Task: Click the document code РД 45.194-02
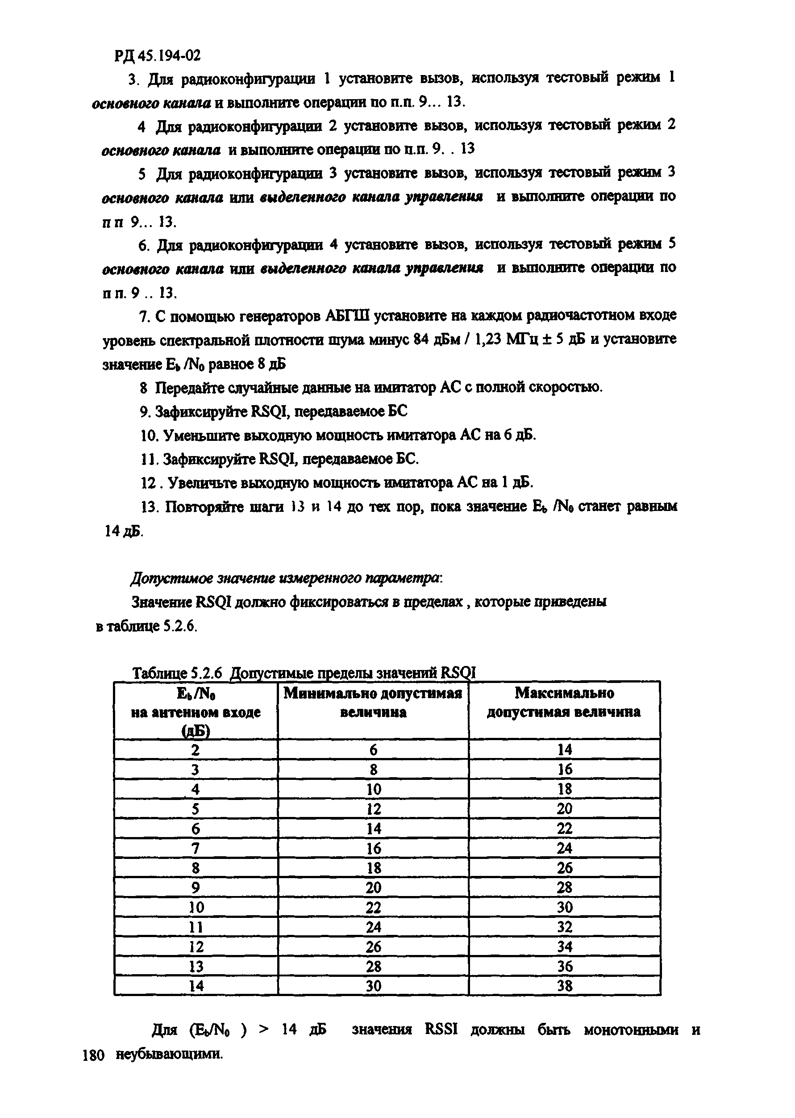[x=158, y=56]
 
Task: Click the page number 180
[x=93, y=1055]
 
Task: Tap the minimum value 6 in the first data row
[x=374, y=750]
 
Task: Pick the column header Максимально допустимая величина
[x=564, y=702]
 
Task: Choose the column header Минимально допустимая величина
[x=373, y=702]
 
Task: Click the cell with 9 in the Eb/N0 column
[x=196, y=888]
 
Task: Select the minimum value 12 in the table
[x=374, y=808]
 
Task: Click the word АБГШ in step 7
[x=347, y=316]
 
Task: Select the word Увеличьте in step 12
[x=204, y=483]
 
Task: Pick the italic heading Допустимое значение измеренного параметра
[x=287, y=578]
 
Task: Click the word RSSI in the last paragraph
[x=441, y=1030]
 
